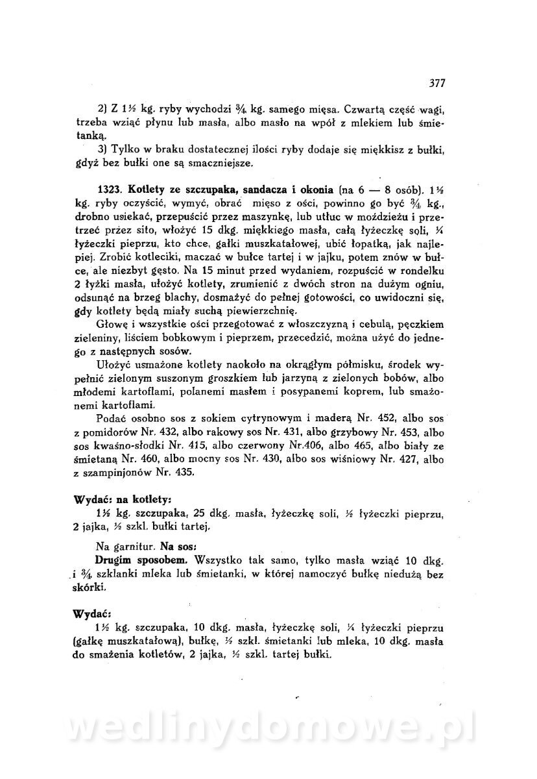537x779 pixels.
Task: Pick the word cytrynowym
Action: [243, 417]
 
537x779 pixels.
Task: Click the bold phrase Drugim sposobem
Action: [132, 558]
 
